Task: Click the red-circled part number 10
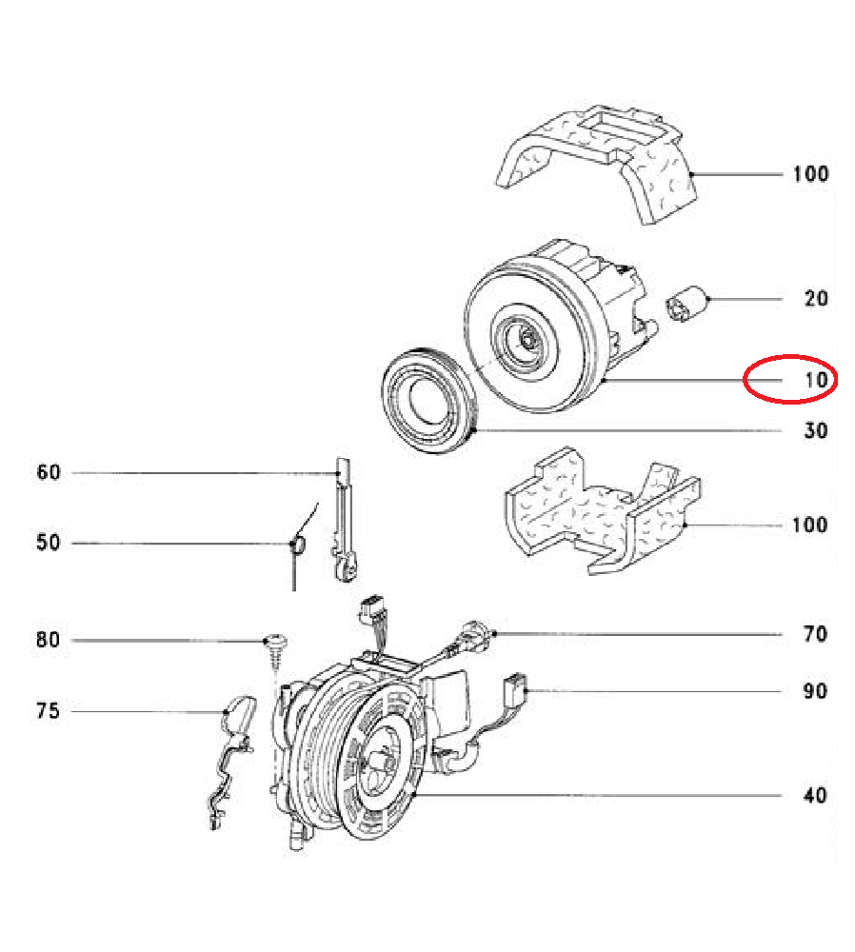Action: [x=816, y=380]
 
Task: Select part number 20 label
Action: [x=816, y=298]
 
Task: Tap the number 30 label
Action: [x=816, y=430]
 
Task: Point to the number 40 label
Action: [x=815, y=795]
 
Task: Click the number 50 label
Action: [x=49, y=543]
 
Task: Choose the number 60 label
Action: [x=49, y=472]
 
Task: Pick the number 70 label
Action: [x=815, y=634]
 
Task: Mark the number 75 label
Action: [x=48, y=710]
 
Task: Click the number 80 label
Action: [x=48, y=640]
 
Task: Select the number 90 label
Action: [x=815, y=691]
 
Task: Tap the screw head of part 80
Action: [x=276, y=640]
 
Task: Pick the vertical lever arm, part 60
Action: [x=343, y=521]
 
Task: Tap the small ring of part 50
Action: [x=298, y=544]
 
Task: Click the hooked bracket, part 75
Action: [x=234, y=759]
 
